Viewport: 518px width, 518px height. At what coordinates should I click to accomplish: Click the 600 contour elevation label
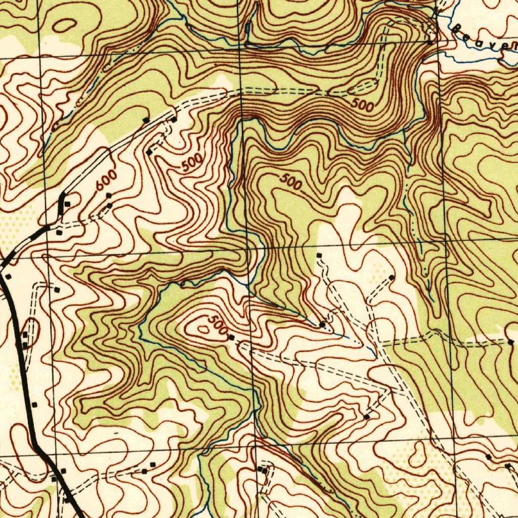click(107, 181)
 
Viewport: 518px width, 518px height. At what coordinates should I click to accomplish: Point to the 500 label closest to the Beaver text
click(363, 105)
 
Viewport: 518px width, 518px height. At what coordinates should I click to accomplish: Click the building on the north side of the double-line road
click(146, 120)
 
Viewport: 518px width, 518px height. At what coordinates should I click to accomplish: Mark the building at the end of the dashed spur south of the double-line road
click(149, 152)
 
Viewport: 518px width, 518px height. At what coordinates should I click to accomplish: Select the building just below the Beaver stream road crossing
click(429, 43)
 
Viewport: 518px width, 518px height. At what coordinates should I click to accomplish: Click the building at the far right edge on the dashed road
click(510, 342)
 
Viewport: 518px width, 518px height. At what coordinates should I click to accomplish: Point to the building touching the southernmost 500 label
click(231, 337)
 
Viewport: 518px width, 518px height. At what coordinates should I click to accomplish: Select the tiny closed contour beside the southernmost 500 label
click(203, 329)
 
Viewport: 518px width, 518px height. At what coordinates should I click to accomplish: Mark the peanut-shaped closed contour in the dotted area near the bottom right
click(417, 454)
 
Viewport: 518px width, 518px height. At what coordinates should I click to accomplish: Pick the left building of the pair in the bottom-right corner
click(488, 457)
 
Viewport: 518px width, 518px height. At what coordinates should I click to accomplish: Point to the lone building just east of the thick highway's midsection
click(34, 405)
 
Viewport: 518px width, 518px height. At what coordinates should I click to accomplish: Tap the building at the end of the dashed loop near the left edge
click(57, 290)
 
